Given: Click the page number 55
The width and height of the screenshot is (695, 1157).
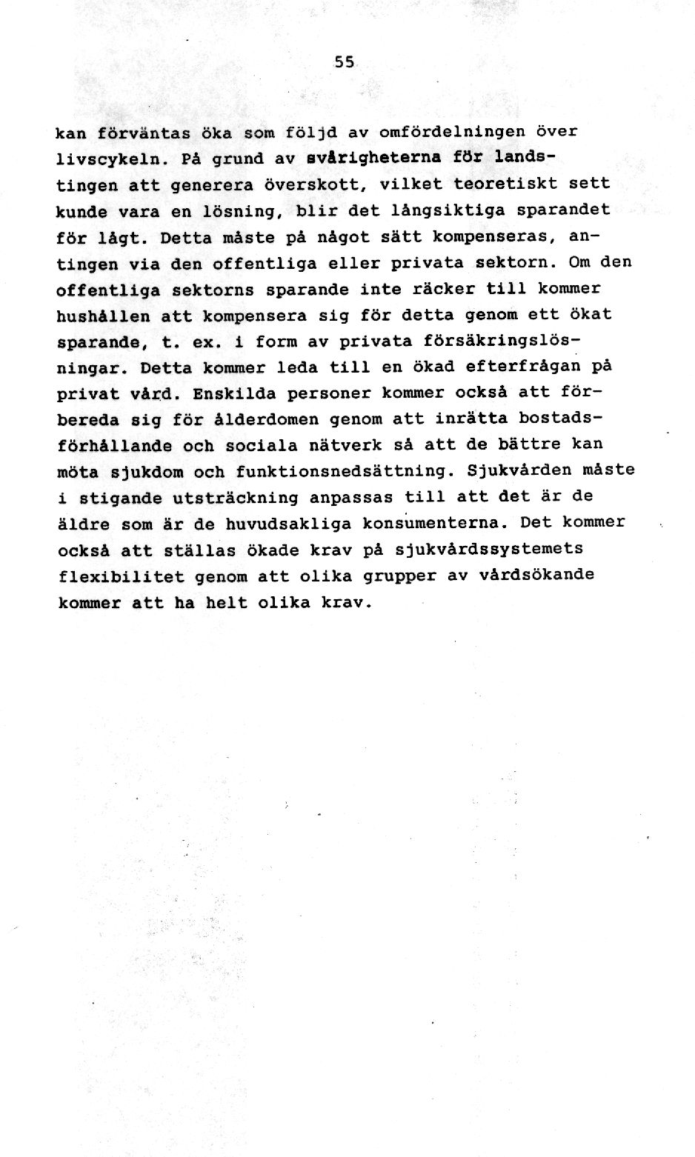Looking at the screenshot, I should point(345,64).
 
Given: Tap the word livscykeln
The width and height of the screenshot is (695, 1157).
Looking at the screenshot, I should point(99,159).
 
